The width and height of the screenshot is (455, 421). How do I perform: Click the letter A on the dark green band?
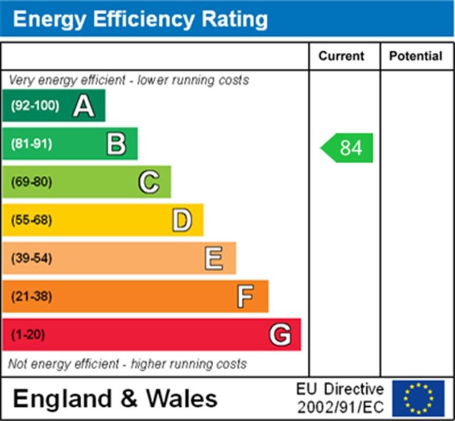pyautogui.click(x=83, y=106)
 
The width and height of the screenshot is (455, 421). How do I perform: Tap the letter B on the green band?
pyautogui.click(x=116, y=144)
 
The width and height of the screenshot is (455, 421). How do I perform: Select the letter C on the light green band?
pyautogui.click(x=148, y=182)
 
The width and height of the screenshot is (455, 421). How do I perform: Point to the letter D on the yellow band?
pyautogui.click(x=181, y=220)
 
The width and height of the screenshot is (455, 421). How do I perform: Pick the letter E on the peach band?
pyautogui.click(x=214, y=258)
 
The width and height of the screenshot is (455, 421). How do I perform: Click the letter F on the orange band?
pyautogui.click(x=246, y=296)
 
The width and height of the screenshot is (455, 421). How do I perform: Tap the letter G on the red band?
pyautogui.click(x=280, y=335)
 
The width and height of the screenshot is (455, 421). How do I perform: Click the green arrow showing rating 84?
pyautogui.click(x=348, y=148)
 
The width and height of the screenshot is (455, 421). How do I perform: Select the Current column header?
pyautogui.click(x=341, y=56)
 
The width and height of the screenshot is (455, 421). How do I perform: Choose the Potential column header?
pyautogui.click(x=416, y=56)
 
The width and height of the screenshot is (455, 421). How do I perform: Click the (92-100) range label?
pyautogui.click(x=35, y=106)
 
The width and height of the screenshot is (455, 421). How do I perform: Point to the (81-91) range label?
pyautogui.click(x=31, y=144)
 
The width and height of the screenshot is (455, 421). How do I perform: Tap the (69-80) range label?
pyautogui.click(x=31, y=182)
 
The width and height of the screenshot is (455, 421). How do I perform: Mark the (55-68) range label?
pyautogui.click(x=31, y=220)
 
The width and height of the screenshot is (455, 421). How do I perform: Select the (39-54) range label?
pyautogui.click(x=31, y=258)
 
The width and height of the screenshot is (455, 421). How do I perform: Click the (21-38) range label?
pyautogui.click(x=31, y=296)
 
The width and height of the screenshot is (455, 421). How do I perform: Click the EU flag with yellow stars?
pyautogui.click(x=418, y=398)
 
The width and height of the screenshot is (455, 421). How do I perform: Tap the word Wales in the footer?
pyautogui.click(x=183, y=398)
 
